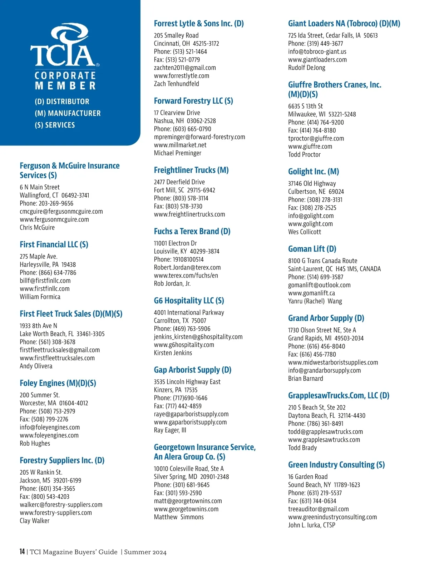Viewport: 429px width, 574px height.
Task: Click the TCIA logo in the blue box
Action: (65, 46)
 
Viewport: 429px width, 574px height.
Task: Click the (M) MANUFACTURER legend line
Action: (68, 113)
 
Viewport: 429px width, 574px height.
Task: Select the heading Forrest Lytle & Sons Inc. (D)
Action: (199, 24)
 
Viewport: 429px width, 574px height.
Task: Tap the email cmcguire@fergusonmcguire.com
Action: (61, 212)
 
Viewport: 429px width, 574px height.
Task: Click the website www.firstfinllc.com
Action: (45, 289)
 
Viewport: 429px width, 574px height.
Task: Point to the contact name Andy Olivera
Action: (36, 366)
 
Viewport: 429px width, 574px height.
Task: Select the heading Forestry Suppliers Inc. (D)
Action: (62, 460)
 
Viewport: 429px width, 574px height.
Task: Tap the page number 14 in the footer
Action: (22, 552)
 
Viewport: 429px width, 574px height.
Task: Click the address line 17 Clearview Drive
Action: (177, 113)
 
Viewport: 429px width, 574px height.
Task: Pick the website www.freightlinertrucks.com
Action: (189, 214)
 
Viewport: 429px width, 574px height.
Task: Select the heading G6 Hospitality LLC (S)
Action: (189, 301)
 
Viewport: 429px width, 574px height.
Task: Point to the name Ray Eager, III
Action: (170, 430)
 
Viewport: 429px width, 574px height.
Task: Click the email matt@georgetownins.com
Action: (188, 501)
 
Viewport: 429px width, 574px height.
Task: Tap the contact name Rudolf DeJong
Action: (307, 68)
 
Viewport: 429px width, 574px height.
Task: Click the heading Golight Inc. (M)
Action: (314, 172)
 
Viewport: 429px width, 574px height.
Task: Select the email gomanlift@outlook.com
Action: (319, 285)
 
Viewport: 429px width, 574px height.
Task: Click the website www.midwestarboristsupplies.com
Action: (333, 362)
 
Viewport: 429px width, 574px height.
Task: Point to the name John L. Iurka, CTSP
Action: (312, 525)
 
